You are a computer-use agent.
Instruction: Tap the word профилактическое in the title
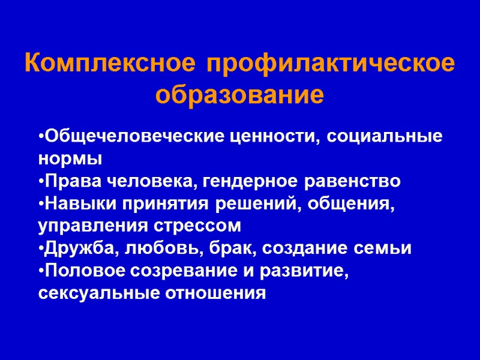(330, 64)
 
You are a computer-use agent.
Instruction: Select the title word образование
(239, 95)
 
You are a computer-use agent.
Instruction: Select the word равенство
(353, 181)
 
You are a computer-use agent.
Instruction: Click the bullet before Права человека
(40, 181)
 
